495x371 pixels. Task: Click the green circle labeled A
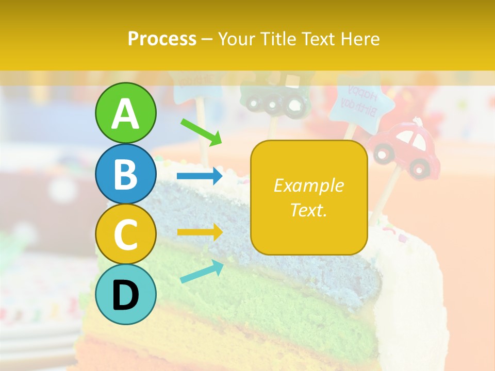tap(125, 113)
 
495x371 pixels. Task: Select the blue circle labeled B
tap(125, 174)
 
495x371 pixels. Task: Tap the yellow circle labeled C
tap(125, 234)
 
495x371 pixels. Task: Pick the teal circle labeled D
tap(125, 294)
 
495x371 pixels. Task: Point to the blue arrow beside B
tap(200, 176)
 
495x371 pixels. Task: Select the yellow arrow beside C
tap(200, 232)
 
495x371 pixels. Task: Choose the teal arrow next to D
tap(202, 272)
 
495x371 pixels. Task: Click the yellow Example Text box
tap(309, 197)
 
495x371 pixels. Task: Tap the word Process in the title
tap(162, 39)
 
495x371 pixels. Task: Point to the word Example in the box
tap(309, 185)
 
